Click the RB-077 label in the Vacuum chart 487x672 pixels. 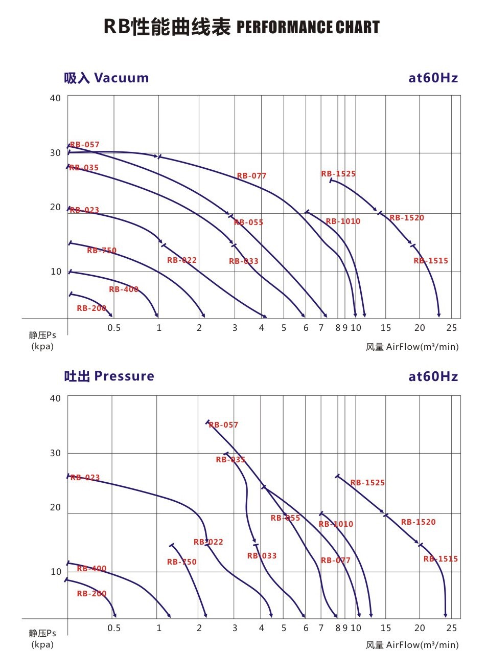(x=251, y=176)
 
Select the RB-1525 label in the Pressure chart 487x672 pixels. (x=367, y=483)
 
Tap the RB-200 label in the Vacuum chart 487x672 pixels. (x=91, y=308)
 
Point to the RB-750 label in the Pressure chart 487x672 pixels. (x=181, y=562)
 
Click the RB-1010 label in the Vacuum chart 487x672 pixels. (x=343, y=221)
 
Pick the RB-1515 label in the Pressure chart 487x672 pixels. (x=440, y=559)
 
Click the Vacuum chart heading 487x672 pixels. (x=106, y=78)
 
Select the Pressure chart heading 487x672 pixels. (x=109, y=376)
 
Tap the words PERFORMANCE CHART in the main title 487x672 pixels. (x=308, y=27)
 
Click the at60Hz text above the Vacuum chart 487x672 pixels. (x=433, y=78)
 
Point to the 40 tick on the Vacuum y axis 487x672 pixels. (x=55, y=98)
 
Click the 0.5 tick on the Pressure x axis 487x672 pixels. (x=114, y=628)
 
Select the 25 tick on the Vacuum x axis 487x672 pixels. (x=452, y=328)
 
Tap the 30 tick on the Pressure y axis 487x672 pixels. (x=55, y=453)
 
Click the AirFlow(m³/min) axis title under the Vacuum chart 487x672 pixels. (x=422, y=347)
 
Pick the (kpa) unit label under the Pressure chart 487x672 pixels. (x=42, y=644)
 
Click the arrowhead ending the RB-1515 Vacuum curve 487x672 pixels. (x=438, y=315)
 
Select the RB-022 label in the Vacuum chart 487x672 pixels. (x=181, y=260)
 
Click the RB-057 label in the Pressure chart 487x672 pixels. (x=223, y=425)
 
